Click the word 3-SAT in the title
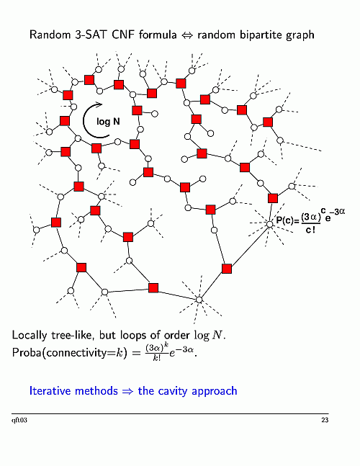coord(90,35)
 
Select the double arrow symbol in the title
coord(186,36)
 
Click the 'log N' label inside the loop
coord(108,121)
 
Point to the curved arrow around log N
coord(84,121)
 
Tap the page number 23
coord(325,420)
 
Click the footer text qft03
coord(19,420)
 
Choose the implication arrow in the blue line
coord(128,391)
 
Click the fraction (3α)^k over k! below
coord(154,352)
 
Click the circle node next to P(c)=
coord(270,224)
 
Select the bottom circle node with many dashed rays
coord(199,300)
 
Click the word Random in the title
coord(48,35)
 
